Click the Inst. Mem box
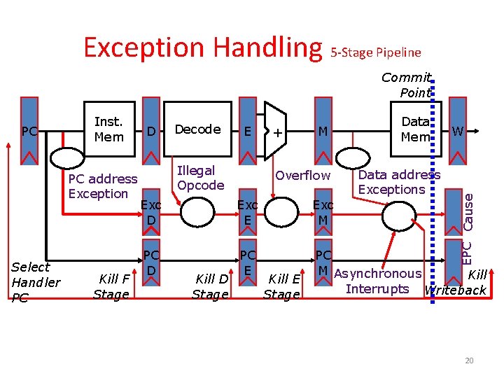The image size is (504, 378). click(108, 129)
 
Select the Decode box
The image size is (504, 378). click(197, 129)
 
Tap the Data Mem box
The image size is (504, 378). click(415, 129)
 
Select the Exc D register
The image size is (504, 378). click(151, 212)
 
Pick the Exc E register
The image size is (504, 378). click(247, 212)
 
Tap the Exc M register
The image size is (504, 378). click(323, 212)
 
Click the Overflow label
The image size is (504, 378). click(302, 175)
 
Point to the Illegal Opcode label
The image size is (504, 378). click(200, 178)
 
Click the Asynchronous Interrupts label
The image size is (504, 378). click(378, 281)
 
